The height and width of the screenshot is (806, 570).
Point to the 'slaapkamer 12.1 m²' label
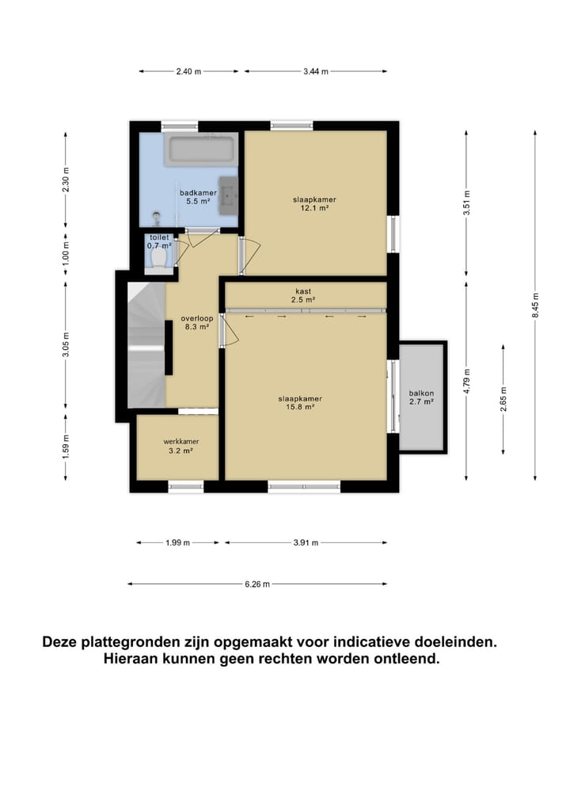click(313, 204)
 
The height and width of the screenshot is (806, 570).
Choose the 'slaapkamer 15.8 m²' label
click(300, 403)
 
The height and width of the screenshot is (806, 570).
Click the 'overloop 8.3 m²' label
click(193, 321)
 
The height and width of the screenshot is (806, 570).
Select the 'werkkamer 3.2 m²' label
click(180, 446)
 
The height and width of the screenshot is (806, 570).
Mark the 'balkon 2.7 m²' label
click(421, 397)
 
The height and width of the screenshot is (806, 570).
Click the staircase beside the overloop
click(145, 348)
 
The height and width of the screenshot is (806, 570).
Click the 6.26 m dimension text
click(257, 585)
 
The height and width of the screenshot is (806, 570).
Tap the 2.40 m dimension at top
click(188, 72)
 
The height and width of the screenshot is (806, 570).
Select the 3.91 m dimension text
click(305, 543)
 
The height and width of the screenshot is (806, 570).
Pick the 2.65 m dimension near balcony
click(503, 399)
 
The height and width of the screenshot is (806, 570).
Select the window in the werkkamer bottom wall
click(185, 485)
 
